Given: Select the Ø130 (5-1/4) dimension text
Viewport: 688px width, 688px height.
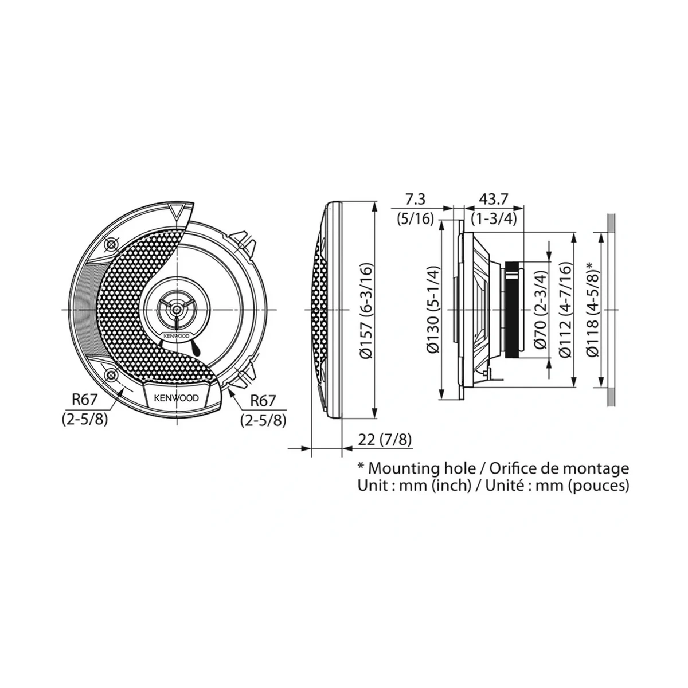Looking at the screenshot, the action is [x=433, y=310].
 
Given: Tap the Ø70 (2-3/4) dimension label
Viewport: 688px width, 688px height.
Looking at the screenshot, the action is [x=540, y=310].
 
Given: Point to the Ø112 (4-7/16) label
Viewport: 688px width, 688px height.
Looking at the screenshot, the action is [x=565, y=310].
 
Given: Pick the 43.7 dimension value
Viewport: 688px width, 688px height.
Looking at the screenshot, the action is [x=493, y=199].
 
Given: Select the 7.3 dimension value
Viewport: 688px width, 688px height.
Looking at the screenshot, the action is [x=416, y=199].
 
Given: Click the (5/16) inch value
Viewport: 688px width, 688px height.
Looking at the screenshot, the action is [x=415, y=218].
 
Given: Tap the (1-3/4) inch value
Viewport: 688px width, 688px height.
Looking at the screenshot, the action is [x=494, y=218].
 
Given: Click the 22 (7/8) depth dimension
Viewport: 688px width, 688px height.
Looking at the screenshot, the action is [x=385, y=440].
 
